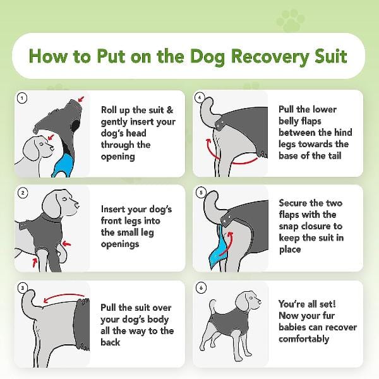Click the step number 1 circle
tap(23, 98)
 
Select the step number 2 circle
tap(23, 193)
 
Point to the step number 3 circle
tap(23, 288)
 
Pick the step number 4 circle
tap(200, 98)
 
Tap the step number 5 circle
tap(200, 193)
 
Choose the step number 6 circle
tap(200, 288)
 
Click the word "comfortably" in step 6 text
tap(304, 339)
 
